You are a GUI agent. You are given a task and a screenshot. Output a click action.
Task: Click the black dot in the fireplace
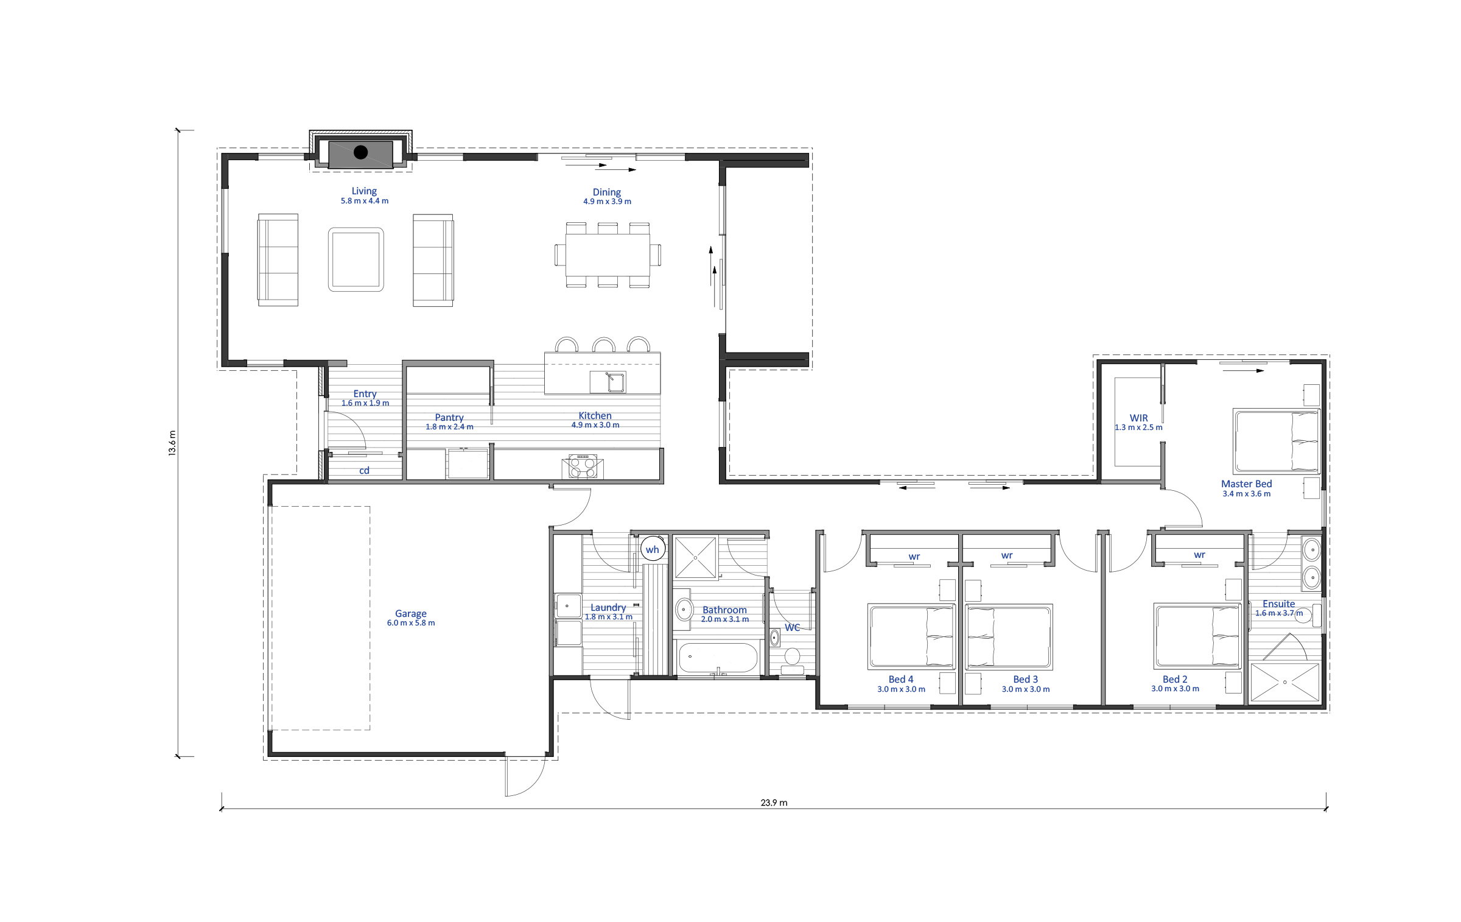(361, 152)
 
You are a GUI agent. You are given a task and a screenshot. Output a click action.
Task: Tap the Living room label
(364, 191)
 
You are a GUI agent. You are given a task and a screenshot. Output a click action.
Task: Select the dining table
(608, 255)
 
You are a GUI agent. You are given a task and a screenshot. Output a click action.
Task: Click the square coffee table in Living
(356, 259)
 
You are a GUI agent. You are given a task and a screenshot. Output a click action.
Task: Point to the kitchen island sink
(608, 382)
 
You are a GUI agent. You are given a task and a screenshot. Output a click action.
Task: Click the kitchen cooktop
(583, 466)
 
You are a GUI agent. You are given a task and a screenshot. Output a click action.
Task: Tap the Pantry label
(449, 418)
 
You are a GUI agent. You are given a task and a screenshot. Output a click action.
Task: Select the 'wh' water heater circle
(653, 549)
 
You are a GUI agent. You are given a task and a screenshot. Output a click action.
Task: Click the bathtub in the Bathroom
(718, 658)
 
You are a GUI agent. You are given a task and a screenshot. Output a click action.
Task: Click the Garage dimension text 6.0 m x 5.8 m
(411, 623)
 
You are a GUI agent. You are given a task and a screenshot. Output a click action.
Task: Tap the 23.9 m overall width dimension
(774, 803)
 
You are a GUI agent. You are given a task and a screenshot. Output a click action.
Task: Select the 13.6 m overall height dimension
(172, 443)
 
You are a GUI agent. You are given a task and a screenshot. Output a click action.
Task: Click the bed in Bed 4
(911, 636)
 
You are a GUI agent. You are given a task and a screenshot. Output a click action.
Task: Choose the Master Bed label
(1246, 484)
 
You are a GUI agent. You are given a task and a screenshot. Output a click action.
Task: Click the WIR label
(1138, 418)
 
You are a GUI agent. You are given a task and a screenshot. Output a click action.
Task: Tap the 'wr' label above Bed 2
(1199, 555)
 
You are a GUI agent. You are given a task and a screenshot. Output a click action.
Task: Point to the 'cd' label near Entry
(364, 470)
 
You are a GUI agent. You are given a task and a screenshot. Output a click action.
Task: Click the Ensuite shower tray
(1286, 683)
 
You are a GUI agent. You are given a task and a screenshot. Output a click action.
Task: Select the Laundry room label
(608, 607)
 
